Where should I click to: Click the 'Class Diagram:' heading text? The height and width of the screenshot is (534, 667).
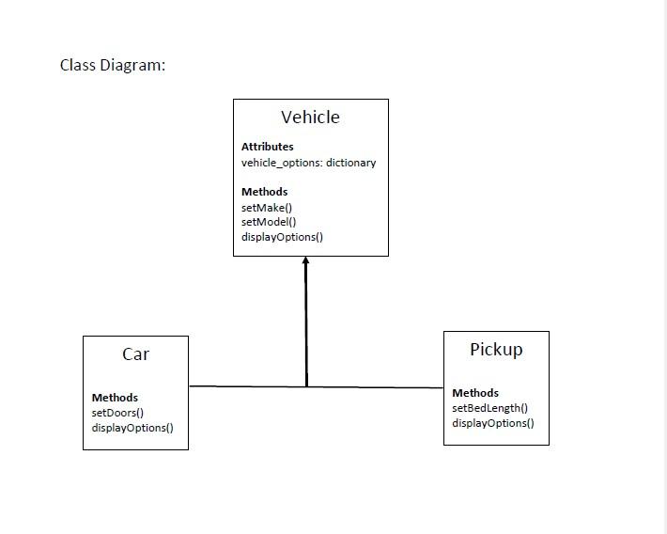tap(113, 65)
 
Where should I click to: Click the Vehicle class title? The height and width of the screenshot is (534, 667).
tap(310, 118)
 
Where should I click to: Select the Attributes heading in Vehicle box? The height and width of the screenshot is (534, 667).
tap(267, 147)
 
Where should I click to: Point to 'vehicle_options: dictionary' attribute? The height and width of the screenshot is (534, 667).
tap(308, 163)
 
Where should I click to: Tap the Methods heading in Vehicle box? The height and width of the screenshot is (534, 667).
tap(264, 192)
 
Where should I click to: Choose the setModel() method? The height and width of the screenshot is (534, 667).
tap(269, 222)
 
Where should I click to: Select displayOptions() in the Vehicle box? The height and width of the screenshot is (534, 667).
tap(282, 237)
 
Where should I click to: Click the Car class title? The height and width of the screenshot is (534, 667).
tap(135, 354)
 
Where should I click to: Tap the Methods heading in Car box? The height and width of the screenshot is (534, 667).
tap(115, 398)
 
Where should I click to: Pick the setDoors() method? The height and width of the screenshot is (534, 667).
tap(117, 413)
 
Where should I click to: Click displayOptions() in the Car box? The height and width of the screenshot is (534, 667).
tap(132, 428)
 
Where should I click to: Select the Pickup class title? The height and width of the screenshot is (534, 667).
tap(496, 350)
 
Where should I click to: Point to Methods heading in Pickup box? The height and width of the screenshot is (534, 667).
tap(475, 393)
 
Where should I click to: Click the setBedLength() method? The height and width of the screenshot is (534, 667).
tap(489, 408)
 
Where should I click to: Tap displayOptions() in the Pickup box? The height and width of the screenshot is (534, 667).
tap(493, 423)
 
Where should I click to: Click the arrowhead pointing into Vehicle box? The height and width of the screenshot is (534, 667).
tap(305, 260)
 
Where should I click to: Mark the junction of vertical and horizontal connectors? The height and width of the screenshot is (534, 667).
tap(306, 386)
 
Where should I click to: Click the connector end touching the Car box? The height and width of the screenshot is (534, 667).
tap(191, 386)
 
